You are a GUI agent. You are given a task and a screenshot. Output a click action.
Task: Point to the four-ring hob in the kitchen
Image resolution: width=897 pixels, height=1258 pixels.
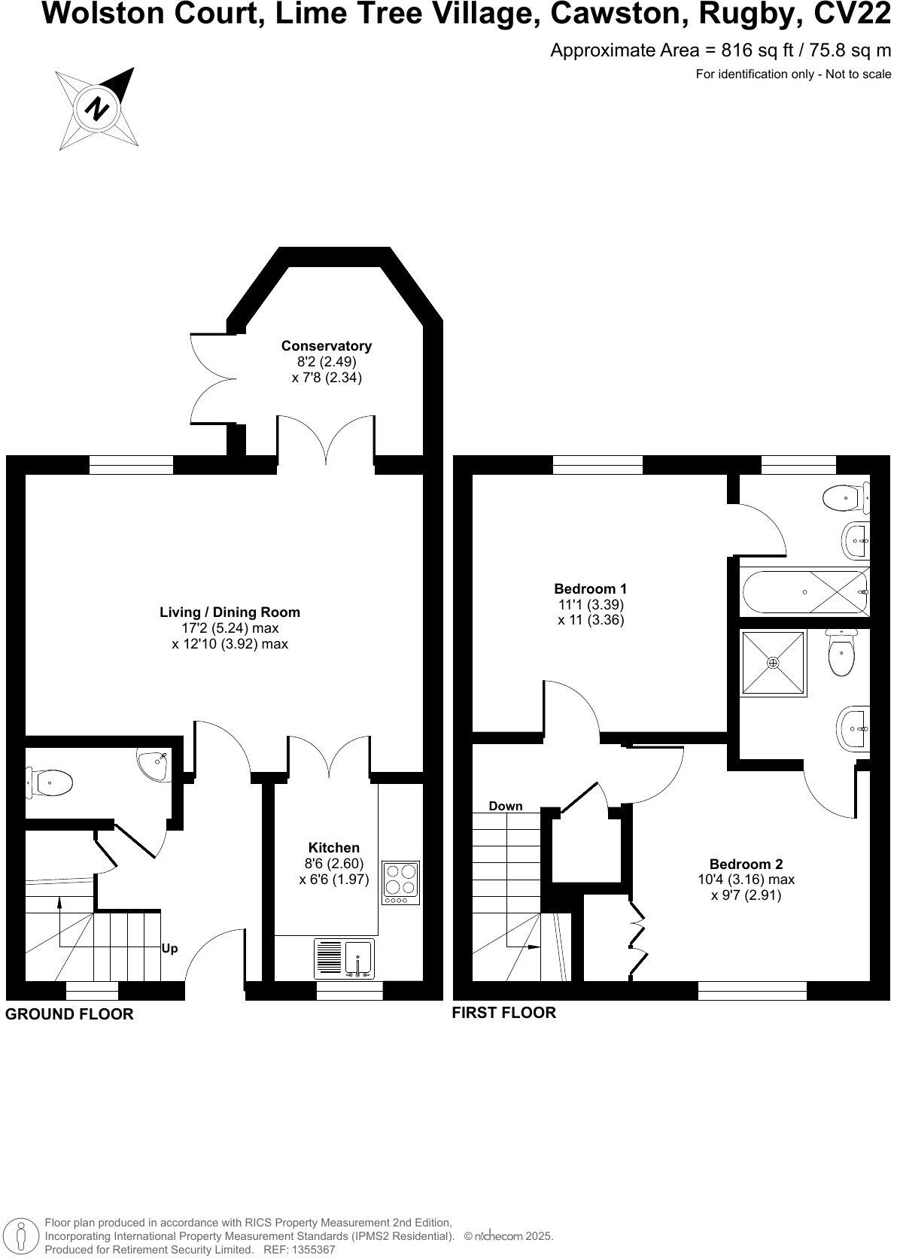400,881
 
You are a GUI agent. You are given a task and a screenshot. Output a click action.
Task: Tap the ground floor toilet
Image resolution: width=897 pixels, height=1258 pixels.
50,782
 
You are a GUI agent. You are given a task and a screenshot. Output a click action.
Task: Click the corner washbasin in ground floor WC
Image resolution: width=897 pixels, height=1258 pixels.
154,764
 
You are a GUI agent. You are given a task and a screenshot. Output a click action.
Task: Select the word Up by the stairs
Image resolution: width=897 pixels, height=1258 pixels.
170,949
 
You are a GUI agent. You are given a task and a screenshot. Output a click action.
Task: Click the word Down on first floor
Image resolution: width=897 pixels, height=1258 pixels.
505,806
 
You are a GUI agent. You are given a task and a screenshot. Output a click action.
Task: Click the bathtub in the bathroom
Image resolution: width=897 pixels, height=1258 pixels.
804,592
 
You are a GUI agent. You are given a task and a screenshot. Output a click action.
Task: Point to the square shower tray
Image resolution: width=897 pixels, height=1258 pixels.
773,663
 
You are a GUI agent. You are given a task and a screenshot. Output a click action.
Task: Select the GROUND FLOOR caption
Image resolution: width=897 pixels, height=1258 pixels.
69,1013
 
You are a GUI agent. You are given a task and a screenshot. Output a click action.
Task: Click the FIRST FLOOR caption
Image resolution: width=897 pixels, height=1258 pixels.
503,1012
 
